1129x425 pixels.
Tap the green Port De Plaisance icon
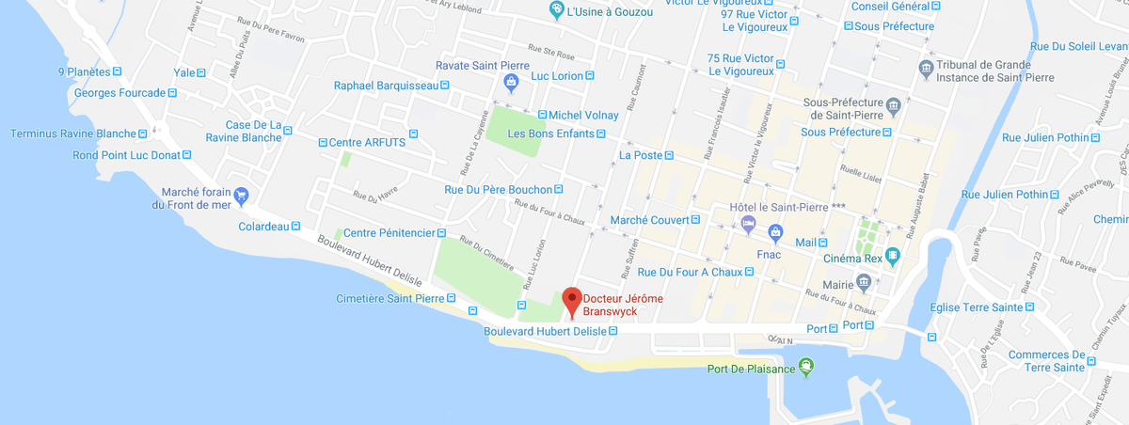tap(805, 367)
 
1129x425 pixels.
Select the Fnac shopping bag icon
tap(775, 230)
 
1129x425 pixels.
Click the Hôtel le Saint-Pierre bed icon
tap(748, 224)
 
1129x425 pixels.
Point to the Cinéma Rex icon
tap(893, 255)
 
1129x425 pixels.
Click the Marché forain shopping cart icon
tap(242, 196)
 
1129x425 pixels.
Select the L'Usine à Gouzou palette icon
tap(557, 10)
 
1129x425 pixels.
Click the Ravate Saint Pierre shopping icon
tap(510, 83)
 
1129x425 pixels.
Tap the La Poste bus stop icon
tap(669, 155)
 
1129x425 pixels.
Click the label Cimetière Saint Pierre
tap(390, 299)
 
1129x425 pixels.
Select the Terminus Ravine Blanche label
tap(73, 134)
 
